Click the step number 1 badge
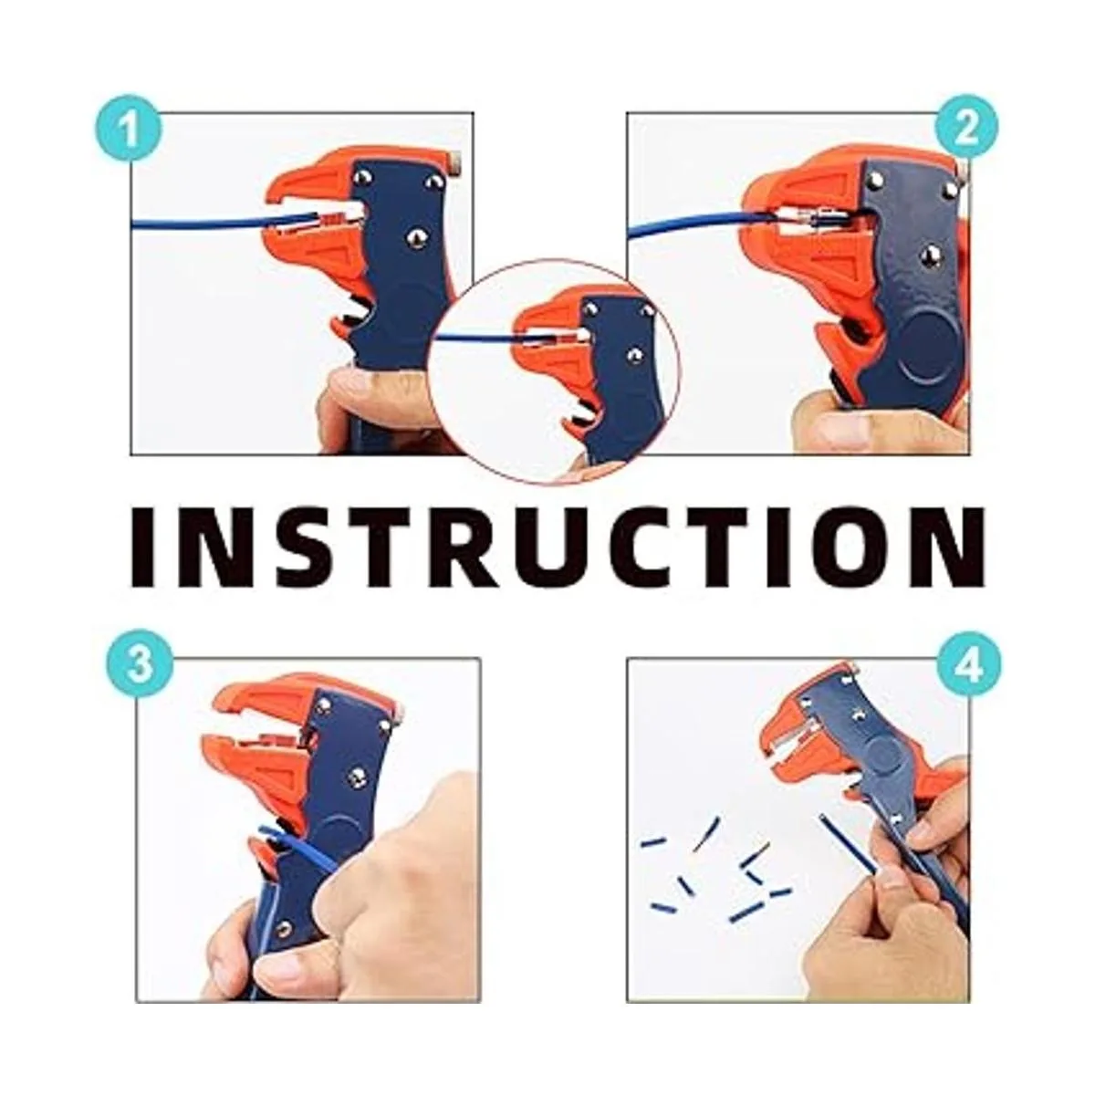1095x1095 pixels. [x=129, y=129]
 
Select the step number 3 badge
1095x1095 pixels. [x=140, y=666]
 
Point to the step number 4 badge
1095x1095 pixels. [x=967, y=665]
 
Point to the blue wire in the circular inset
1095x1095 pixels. [x=483, y=339]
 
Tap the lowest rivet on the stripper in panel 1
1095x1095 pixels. [x=419, y=239]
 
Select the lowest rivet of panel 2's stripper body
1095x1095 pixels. [x=930, y=256]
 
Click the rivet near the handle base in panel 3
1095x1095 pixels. [x=283, y=930]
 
